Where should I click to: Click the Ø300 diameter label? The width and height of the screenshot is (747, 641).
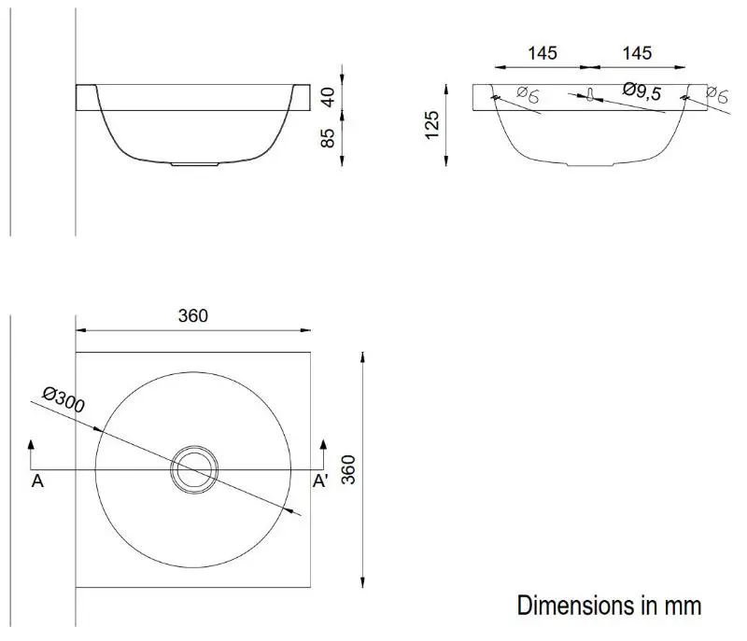click(63, 399)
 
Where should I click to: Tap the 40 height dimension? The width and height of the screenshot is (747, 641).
click(328, 98)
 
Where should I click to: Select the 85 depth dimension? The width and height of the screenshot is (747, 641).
click(328, 138)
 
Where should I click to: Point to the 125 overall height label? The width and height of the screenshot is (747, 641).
click(431, 125)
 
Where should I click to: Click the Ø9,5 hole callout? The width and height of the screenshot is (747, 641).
click(642, 91)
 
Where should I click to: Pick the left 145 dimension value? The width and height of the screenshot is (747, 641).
click(543, 53)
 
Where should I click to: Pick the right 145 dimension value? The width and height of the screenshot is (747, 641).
click(637, 53)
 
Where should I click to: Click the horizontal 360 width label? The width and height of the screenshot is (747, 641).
click(193, 315)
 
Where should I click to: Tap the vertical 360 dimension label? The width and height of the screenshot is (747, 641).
click(348, 469)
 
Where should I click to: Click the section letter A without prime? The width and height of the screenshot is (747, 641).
click(37, 481)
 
